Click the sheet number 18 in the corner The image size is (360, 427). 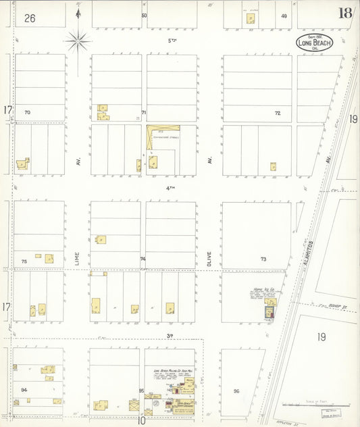345,13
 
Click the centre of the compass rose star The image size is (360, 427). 78,42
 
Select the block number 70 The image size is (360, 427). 27,112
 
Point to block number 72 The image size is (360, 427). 277,113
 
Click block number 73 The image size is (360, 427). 263,259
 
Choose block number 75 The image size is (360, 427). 24,261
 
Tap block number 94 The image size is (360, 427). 24,390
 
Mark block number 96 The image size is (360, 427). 236,391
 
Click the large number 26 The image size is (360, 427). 29,18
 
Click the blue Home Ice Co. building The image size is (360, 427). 270,312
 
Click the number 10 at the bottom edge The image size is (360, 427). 142,420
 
